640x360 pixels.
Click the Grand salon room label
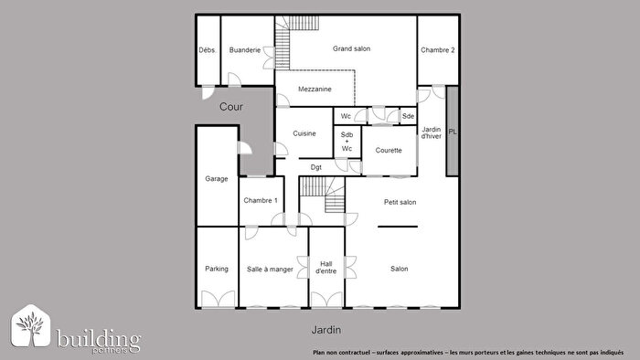pyautogui.click(x=351, y=48)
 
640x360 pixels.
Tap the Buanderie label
pyautogui.click(x=245, y=49)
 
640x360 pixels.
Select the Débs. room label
pyautogui.click(x=208, y=49)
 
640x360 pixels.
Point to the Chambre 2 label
pyautogui.click(x=438, y=49)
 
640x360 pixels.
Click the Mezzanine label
pyautogui.click(x=315, y=89)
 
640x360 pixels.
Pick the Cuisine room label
pyautogui.click(x=304, y=133)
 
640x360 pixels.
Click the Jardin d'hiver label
pyautogui.click(x=432, y=133)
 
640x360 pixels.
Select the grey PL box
pyautogui.click(x=452, y=132)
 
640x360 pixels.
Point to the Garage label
pyautogui.click(x=217, y=179)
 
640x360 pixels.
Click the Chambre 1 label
pyautogui.click(x=261, y=202)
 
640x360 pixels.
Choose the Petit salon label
pyautogui.click(x=400, y=202)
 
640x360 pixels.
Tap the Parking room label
pyautogui.click(x=217, y=269)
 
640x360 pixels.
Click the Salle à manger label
pyautogui.click(x=270, y=269)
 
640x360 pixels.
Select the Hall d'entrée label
pyautogui.click(x=326, y=267)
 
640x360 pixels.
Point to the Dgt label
pyautogui.click(x=315, y=167)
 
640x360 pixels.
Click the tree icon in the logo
pyautogui.click(x=30, y=327)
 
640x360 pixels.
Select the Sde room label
pyautogui.click(x=408, y=116)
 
